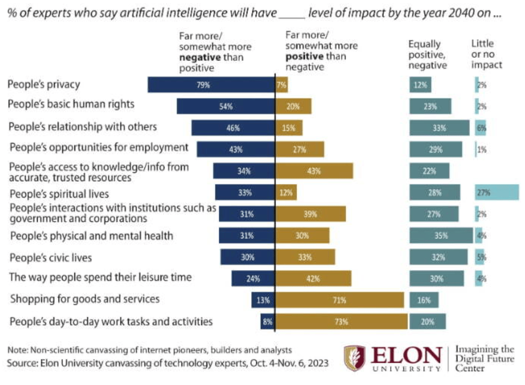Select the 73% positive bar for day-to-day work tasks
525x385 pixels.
(x=341, y=322)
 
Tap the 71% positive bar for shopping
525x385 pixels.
(x=339, y=300)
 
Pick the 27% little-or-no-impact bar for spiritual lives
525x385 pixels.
(x=497, y=193)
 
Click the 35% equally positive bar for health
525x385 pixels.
(x=441, y=236)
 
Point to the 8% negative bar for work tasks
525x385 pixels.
(x=267, y=322)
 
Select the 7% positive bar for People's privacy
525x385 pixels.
(x=281, y=85)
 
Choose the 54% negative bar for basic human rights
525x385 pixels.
(x=226, y=107)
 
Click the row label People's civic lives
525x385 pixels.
(x=51, y=257)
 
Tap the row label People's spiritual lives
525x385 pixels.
(x=59, y=194)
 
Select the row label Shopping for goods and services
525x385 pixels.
(x=85, y=299)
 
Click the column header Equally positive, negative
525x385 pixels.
(x=428, y=55)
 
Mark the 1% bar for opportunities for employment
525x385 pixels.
(x=476, y=149)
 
